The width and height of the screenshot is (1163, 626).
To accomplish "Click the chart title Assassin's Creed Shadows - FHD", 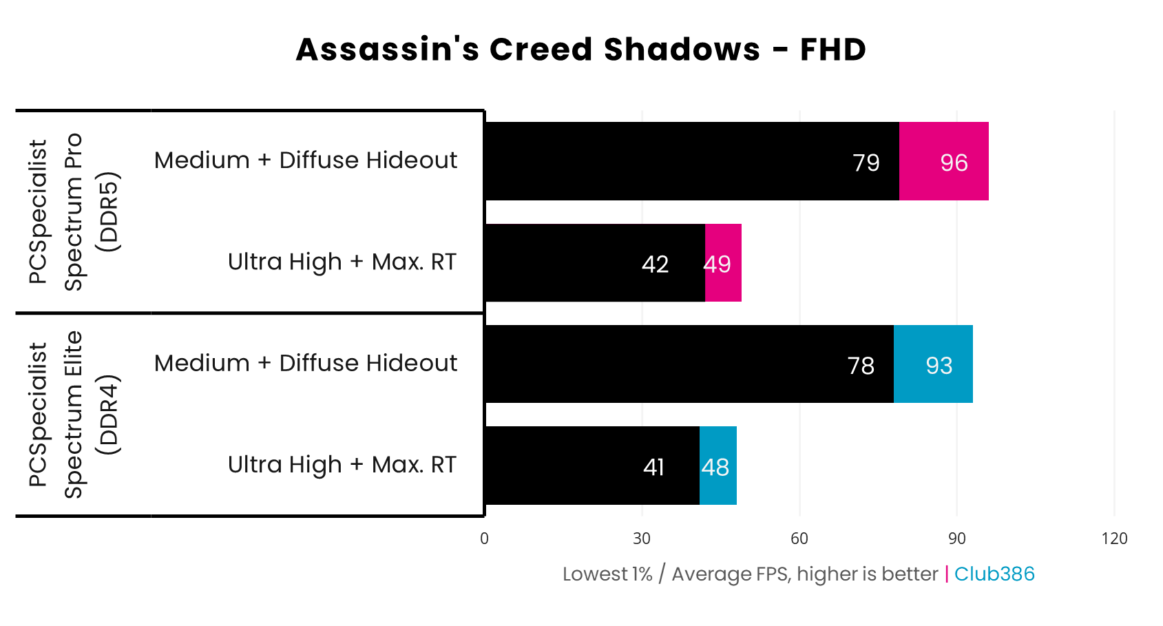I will coord(580,50).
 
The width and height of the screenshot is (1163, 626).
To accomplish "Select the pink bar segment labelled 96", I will coord(943,161).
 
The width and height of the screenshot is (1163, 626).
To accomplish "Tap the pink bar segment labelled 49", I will coord(723,263).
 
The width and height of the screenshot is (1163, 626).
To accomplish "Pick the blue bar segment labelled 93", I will coord(933,364).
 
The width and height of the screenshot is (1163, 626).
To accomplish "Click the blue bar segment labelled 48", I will coord(718,466).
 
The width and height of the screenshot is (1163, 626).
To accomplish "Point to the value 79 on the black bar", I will coord(866,163).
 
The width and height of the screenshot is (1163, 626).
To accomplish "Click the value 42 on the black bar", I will coord(655,264).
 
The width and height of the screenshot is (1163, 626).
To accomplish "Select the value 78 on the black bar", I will coord(861,366).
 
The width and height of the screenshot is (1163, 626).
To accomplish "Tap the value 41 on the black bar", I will coord(653,468).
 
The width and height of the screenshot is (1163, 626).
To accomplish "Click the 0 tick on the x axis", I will coord(484,539).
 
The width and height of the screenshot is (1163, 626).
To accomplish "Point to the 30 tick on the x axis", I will coord(642,539).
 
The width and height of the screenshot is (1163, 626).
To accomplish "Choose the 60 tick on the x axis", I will coord(799,539).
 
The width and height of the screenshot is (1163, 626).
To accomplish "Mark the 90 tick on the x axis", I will coord(957,539).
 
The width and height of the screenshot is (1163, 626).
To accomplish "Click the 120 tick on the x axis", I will coord(1114,539).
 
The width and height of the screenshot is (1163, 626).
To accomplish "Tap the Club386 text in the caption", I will coord(994,574).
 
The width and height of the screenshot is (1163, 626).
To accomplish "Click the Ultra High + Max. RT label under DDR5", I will coord(342,262).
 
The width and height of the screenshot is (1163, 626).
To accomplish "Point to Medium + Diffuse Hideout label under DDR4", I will coord(306,363).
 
